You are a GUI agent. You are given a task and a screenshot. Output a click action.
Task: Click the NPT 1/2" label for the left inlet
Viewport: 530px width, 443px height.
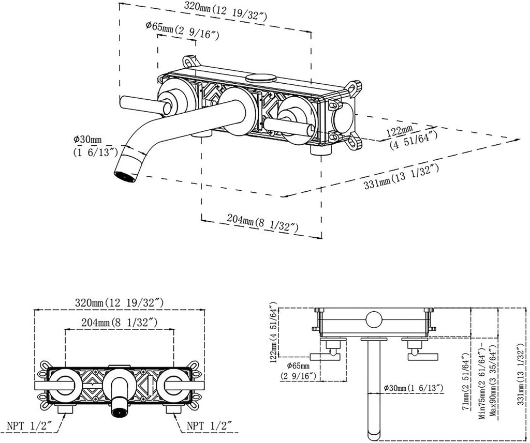[x=28, y=427]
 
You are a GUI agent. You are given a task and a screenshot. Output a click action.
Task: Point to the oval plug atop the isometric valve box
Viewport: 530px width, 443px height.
[x=260, y=79]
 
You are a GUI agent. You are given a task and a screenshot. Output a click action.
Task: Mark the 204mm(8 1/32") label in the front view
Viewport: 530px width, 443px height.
[x=120, y=322]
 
